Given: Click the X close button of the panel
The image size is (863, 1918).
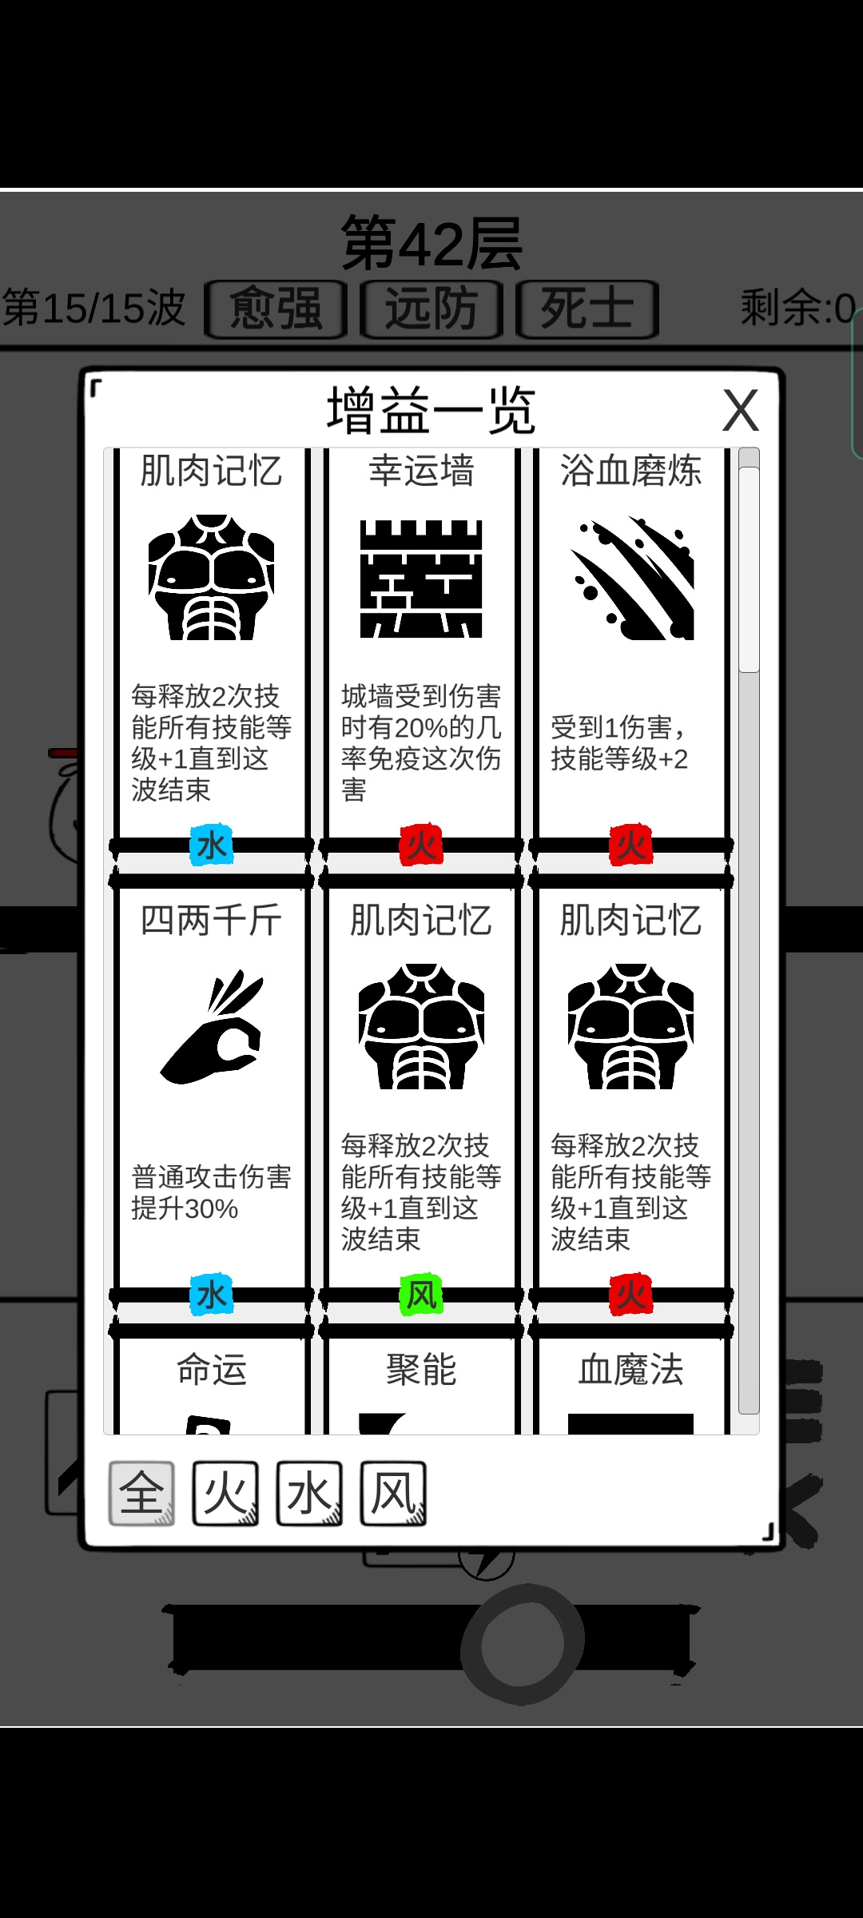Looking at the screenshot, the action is tap(741, 411).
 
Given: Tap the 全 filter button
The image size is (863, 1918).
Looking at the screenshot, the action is tap(141, 1493).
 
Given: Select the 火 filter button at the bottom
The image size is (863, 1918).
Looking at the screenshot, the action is tap(225, 1493).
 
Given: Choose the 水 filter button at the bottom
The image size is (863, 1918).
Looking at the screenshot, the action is tap(309, 1493).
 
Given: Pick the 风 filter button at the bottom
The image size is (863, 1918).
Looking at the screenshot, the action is tap(393, 1493).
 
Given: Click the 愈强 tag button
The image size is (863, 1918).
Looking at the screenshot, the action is tap(276, 309).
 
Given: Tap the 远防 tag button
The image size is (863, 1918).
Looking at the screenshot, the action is tap(431, 309).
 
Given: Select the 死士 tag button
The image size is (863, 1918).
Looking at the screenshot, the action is tap(587, 309).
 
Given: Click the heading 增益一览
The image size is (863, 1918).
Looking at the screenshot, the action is tap(431, 411).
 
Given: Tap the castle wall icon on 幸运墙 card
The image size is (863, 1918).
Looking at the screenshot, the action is tap(421, 579).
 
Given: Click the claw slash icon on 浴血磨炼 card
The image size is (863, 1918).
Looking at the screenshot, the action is tap(631, 579).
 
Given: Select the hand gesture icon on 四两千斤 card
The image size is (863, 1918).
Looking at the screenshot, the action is tap(212, 1027).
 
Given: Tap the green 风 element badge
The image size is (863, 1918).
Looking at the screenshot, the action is tap(421, 1295).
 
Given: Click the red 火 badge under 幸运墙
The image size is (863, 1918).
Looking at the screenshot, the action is tap(421, 846).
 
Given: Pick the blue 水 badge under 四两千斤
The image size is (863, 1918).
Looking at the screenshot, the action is tap(212, 1295).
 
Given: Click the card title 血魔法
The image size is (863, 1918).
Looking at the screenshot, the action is tap(631, 1370).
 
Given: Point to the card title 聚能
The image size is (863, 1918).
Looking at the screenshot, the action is tap(421, 1370).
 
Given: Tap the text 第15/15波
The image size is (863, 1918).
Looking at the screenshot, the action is tap(93, 308).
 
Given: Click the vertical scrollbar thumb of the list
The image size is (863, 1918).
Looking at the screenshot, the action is tap(749, 569).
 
